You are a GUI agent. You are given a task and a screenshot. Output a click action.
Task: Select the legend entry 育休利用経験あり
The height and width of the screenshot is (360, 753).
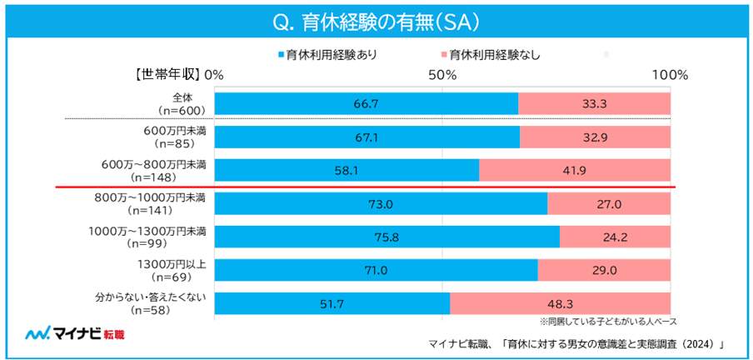[x=330, y=56]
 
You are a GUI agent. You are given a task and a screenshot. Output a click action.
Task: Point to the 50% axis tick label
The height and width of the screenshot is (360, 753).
[x=441, y=75]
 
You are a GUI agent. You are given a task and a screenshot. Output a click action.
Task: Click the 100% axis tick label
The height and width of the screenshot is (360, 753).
[x=669, y=75]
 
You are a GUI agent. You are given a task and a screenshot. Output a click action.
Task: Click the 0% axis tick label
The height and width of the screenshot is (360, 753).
[x=214, y=75]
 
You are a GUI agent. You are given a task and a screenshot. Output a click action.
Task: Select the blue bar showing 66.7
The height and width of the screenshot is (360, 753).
[x=366, y=103]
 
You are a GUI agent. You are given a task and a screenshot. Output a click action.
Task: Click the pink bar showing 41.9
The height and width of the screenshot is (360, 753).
[x=575, y=169]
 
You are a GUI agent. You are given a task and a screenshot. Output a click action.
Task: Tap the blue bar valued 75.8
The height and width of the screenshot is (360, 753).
[x=386, y=236]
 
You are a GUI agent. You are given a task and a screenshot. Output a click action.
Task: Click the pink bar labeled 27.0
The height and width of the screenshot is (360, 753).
[x=609, y=203]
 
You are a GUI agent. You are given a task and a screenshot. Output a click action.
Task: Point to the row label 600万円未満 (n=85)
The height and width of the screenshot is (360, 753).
[x=169, y=137]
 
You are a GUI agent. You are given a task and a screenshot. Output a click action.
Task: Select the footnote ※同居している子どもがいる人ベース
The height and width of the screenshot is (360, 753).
[x=607, y=320]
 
